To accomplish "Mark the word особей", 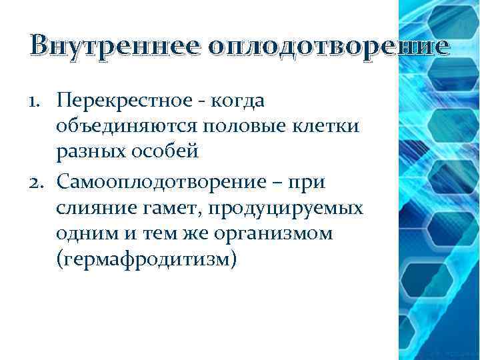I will (x=166, y=153).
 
